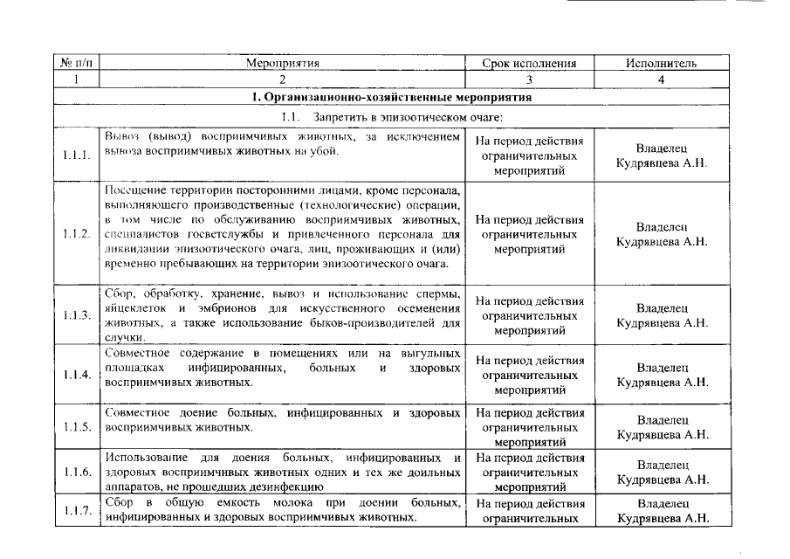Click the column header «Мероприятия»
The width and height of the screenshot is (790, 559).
283,64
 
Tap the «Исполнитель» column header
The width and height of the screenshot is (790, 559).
661,64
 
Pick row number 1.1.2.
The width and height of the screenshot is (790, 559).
77,234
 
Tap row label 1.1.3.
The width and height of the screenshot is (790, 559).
77,315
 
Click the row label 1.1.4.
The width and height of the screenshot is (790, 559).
77,375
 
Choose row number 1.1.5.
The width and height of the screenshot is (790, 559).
77,427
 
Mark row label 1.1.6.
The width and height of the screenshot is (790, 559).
77,473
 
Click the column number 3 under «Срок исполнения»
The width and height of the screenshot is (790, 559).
529,79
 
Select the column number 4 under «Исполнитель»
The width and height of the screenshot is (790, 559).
661,79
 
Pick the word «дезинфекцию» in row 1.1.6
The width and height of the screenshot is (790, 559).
292,487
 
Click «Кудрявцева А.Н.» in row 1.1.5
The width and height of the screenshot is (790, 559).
662,434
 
